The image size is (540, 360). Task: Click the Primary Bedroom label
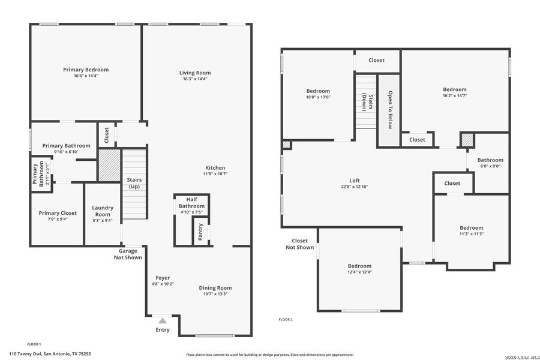pyautogui.click(x=86, y=70)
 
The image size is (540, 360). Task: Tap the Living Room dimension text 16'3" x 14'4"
pyautogui.click(x=195, y=79)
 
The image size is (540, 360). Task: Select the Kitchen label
pyautogui.click(x=215, y=168)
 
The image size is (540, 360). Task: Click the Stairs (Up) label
pyautogui.click(x=134, y=183)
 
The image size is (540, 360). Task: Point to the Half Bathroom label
pyautogui.click(x=191, y=203)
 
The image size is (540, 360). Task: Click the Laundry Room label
pyautogui.click(x=103, y=211)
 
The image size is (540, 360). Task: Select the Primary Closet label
pyautogui.click(x=58, y=213)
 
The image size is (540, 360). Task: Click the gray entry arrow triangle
pyautogui.click(x=163, y=321)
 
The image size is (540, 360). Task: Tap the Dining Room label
pyautogui.click(x=215, y=288)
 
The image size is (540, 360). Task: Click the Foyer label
pyautogui.click(x=163, y=278)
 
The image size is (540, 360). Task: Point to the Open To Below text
pyautogui.click(x=389, y=110)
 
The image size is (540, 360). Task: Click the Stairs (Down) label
pyautogui.click(x=367, y=102)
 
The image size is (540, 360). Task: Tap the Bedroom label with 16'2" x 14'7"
pyautogui.click(x=454, y=90)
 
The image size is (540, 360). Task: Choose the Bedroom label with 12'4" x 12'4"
pyautogui.click(x=359, y=266)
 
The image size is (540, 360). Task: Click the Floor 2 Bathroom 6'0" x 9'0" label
pyautogui.click(x=490, y=160)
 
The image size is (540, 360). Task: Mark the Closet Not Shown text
pyautogui.click(x=299, y=244)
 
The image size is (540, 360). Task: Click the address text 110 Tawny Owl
pyautogui.click(x=50, y=354)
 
